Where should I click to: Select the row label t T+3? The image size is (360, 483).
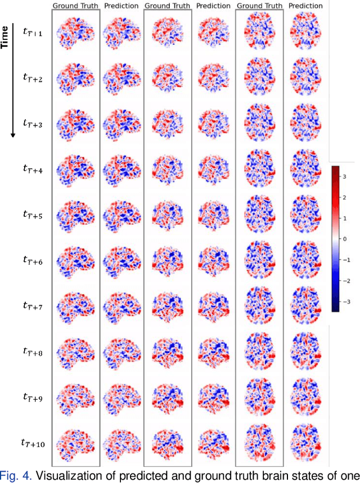(32, 122)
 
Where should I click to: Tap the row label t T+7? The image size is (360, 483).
(32, 305)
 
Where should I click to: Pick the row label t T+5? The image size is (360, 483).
(32, 213)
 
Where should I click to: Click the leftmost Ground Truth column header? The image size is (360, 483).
(75, 6)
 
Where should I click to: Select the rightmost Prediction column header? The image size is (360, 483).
(306, 6)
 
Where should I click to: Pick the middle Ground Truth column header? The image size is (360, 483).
(167, 6)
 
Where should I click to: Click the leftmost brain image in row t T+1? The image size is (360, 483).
(75, 32)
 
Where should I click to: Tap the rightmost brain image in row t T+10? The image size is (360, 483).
(306, 444)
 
